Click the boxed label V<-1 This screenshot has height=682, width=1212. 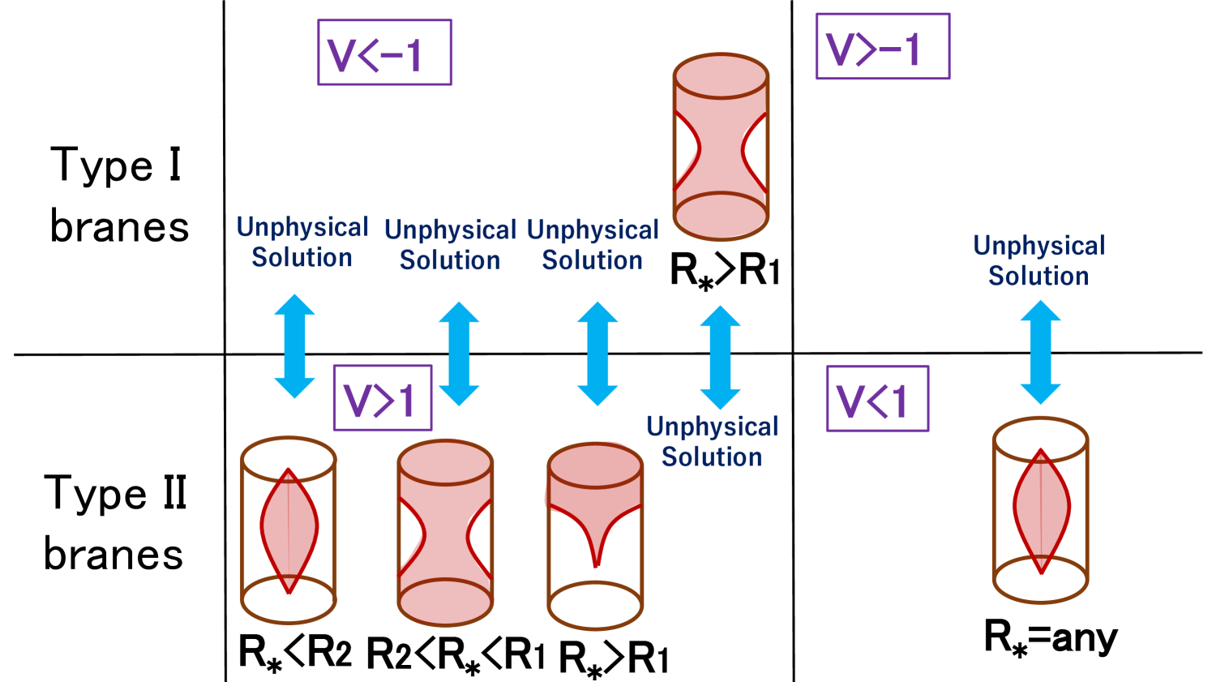[x=384, y=53]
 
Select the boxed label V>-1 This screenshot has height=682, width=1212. [x=882, y=47]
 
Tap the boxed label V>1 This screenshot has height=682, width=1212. [x=382, y=398]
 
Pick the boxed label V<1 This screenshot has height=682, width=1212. [x=877, y=399]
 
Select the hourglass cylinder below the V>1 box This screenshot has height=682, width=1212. [x=445, y=533]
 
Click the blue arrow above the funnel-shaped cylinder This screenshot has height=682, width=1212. [x=597, y=354]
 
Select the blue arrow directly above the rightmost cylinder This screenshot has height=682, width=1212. [x=1040, y=352]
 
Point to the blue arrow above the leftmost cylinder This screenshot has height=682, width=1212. [x=294, y=346]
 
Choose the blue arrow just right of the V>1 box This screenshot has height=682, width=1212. [x=459, y=354]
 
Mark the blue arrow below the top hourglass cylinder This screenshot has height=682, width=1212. [x=720, y=357]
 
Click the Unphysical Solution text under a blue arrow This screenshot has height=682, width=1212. [x=712, y=442]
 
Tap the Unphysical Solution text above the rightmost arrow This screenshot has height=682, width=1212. [x=1039, y=261]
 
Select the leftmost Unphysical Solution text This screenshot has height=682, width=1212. [x=302, y=242]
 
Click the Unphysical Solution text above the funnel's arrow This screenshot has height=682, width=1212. [x=593, y=246]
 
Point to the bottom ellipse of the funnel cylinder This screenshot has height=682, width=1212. [x=596, y=606]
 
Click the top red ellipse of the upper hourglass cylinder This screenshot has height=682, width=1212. [x=721, y=76]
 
